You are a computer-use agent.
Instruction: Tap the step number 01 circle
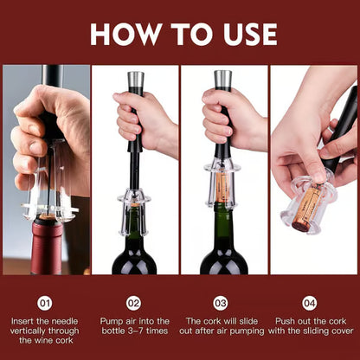pyautogui.click(x=45, y=303)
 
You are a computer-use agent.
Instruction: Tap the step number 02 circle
pyautogui.click(x=133, y=303)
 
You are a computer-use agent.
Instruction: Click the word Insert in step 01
pyautogui.click(x=27, y=322)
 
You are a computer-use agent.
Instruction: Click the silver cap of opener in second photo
pyautogui.click(x=135, y=80)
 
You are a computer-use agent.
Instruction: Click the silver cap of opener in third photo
pyautogui.click(x=222, y=80)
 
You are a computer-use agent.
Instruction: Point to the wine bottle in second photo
pyautogui.click(x=134, y=251)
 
